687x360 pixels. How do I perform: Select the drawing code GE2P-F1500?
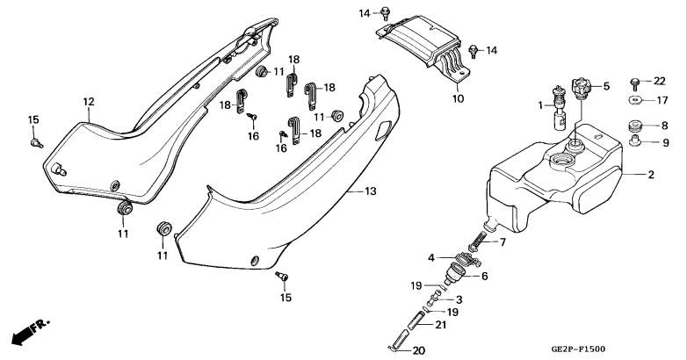pos(578,349)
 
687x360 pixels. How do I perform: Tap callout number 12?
pos(89,102)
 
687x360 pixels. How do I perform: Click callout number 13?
pos(370,191)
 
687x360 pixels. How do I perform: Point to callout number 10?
pos(458,98)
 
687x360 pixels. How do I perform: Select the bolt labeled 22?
pos(634,82)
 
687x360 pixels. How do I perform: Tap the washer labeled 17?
pos(635,100)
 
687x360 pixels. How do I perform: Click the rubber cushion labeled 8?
pos(635,126)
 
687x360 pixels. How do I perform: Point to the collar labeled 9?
pos(634,141)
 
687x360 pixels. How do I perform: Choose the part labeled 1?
pos(560,108)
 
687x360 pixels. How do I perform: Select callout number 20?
pos(418,351)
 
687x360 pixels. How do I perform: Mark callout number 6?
pos(484,277)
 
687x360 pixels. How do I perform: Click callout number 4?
pos(431,258)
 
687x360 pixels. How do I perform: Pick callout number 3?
pos(459,300)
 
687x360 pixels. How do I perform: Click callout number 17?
pos(662,100)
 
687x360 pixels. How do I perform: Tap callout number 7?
pos(503,241)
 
